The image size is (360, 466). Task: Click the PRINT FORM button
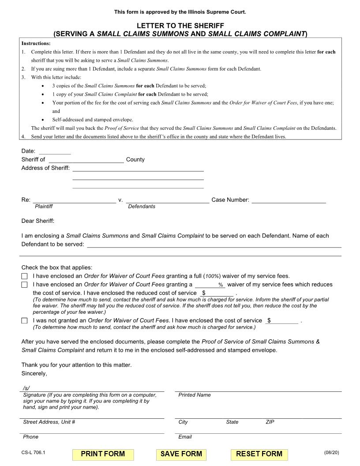(x=103, y=454)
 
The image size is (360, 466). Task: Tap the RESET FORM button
(x=259, y=454)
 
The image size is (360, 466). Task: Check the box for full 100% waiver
(x=24, y=276)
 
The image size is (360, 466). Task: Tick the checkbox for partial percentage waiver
(x=24, y=285)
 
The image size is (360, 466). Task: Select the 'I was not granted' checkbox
(x=24, y=321)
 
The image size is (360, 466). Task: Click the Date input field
(x=55, y=151)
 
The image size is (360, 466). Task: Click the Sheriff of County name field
(x=86, y=159)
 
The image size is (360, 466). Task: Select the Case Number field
(x=289, y=200)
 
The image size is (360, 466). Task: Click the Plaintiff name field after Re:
(x=74, y=200)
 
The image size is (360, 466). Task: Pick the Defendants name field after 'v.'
(x=167, y=200)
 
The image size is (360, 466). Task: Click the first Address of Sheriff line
(x=138, y=168)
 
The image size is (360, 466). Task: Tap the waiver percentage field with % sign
(x=210, y=285)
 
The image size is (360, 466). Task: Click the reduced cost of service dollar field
(x=217, y=293)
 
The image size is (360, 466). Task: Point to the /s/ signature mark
(x=26, y=388)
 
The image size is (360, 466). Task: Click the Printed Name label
(x=195, y=395)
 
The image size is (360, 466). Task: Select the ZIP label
(x=270, y=422)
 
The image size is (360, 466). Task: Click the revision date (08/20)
(x=331, y=452)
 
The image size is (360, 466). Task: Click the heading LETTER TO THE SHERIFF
(x=180, y=26)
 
